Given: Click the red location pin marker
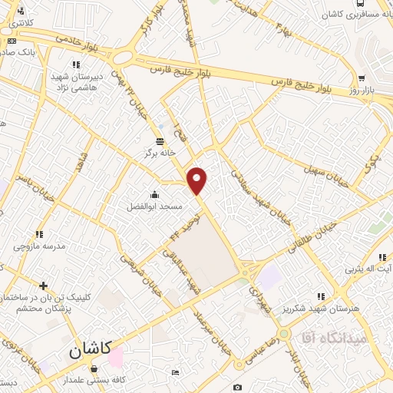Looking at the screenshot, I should tap(197, 180).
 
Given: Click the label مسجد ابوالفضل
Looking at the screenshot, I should tap(154, 207).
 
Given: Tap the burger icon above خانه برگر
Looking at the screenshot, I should tap(160, 140).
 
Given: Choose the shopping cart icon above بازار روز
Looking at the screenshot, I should tap(361, 78).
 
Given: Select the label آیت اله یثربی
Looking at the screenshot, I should tap(368, 269).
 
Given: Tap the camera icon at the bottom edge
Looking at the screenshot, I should tap(237, 387).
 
